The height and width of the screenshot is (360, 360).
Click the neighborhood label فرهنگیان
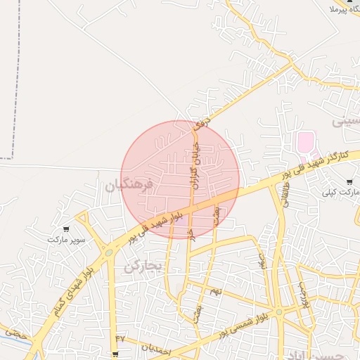(x=129, y=186)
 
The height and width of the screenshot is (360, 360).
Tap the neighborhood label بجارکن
(x=143, y=266)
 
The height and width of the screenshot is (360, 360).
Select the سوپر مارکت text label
(x=66, y=240)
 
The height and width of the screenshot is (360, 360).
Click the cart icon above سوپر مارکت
(x=66, y=229)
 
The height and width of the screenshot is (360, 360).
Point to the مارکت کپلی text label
(x=340, y=192)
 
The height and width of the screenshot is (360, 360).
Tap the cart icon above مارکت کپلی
(x=349, y=182)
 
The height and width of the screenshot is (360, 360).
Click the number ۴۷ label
(x=120, y=338)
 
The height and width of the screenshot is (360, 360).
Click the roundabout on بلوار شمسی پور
(x=279, y=311)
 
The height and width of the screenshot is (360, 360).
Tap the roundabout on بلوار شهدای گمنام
(x=109, y=252)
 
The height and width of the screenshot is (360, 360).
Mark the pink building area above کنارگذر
(x=305, y=143)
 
